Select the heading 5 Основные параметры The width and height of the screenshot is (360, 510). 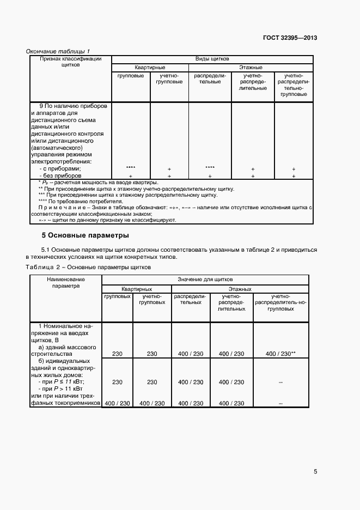85,236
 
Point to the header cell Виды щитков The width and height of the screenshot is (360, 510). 212,58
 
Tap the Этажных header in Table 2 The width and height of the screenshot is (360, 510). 240,288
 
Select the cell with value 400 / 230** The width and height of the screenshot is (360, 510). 280,354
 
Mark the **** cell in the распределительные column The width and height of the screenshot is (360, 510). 210,169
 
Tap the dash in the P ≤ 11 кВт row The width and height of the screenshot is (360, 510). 280,382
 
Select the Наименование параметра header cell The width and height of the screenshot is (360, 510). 66,282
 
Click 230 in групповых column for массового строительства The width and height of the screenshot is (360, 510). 117,354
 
